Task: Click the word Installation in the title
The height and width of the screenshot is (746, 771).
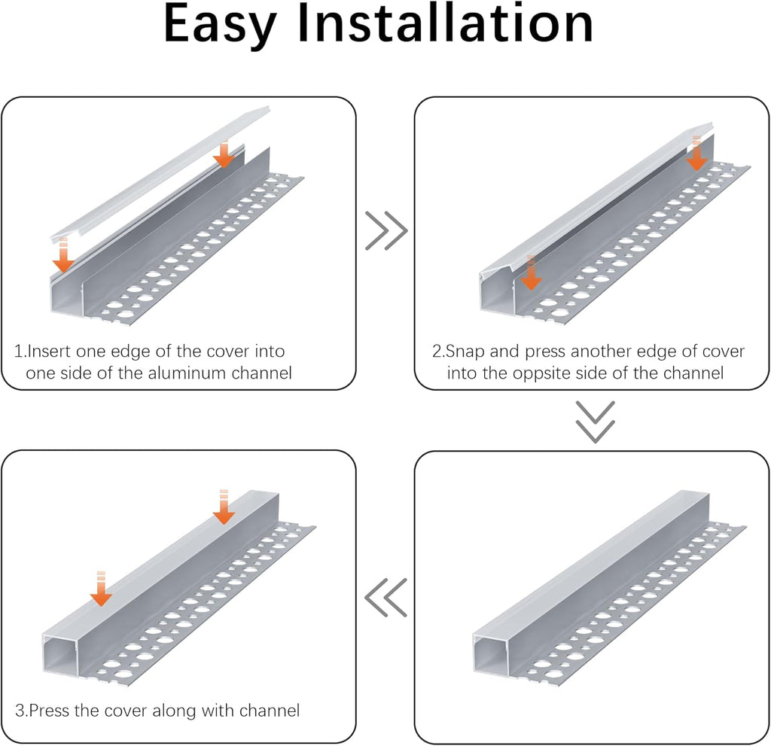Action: tap(446, 23)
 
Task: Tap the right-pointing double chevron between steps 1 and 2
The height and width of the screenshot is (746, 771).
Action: tap(386, 230)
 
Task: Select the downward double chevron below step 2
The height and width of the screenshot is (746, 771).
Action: tap(595, 422)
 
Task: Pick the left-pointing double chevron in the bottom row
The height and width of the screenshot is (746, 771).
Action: tap(386, 598)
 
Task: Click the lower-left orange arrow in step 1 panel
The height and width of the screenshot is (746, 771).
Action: tap(63, 254)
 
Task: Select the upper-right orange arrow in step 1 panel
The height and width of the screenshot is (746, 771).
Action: tap(224, 154)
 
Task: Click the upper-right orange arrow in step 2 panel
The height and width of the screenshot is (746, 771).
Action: tap(696, 153)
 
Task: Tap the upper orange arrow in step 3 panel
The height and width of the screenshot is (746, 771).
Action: tap(224, 507)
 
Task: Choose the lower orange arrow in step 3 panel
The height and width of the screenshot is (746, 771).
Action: tap(102, 589)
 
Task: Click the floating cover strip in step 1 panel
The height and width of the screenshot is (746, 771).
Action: tap(160, 173)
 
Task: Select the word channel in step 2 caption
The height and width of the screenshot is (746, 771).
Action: tap(693, 373)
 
